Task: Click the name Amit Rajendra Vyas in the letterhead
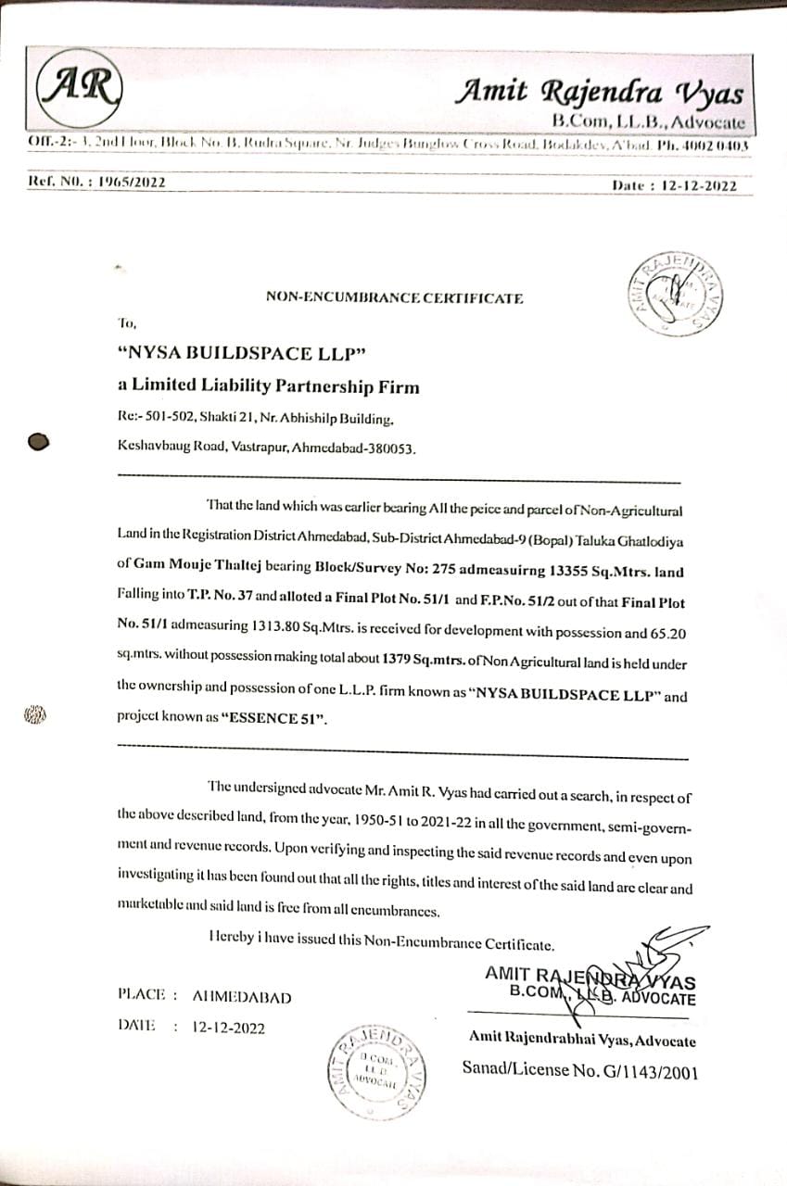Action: [599, 93]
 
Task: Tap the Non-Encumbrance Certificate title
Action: [394, 297]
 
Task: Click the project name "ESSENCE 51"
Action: [274, 718]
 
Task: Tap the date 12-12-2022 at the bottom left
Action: [228, 1027]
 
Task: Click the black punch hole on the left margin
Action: [38, 442]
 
